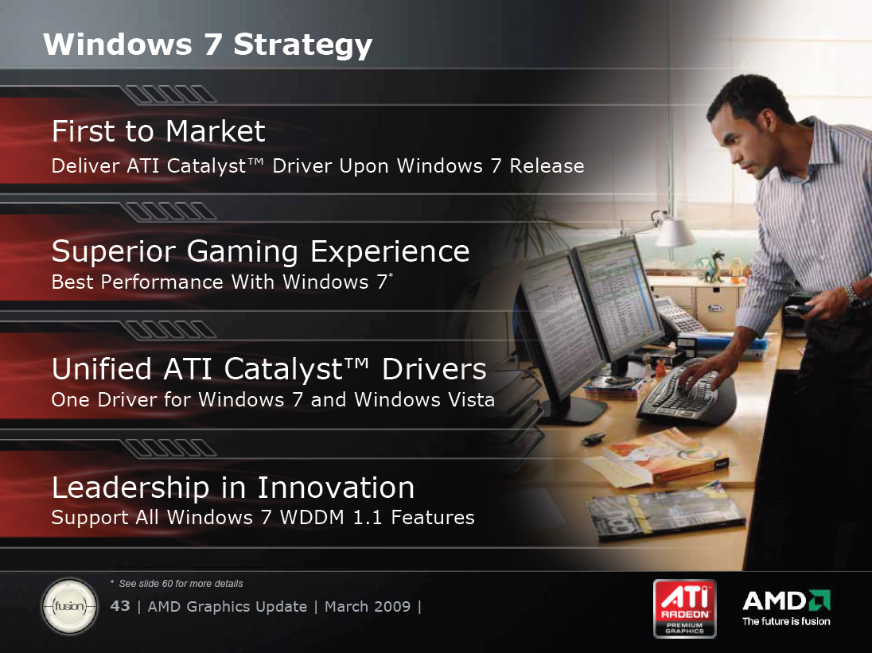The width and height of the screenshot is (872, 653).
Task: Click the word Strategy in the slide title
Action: pyautogui.click(x=302, y=46)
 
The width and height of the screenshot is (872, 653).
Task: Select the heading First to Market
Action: pyautogui.click(x=158, y=132)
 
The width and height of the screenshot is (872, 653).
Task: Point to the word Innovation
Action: pyautogui.click(x=336, y=488)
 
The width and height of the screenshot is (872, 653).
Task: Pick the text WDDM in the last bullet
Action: pyautogui.click(x=312, y=518)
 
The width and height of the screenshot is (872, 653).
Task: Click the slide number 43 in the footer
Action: pyautogui.click(x=120, y=606)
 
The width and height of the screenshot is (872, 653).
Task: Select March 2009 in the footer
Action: pyautogui.click(x=368, y=606)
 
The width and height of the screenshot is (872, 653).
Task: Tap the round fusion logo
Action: pyautogui.click(x=69, y=606)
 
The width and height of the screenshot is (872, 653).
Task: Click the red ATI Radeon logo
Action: pyautogui.click(x=684, y=608)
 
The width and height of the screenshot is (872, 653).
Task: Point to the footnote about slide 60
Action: pyautogui.click(x=177, y=584)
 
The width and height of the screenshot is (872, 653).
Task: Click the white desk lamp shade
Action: pyautogui.click(x=675, y=232)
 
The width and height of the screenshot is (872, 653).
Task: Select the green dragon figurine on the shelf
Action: pyautogui.click(x=712, y=266)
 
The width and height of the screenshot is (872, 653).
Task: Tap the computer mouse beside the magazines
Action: pyautogui.click(x=594, y=438)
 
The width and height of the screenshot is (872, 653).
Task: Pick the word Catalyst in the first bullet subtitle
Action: pyautogui.click(x=206, y=166)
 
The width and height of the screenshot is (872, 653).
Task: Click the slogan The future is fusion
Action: pyautogui.click(x=786, y=621)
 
